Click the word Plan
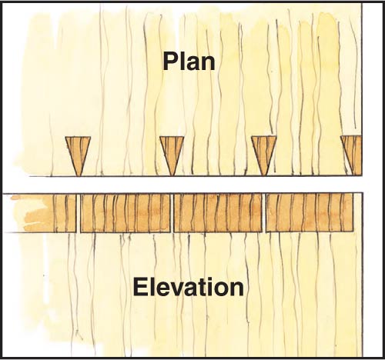click(189, 62)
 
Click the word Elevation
click(189, 287)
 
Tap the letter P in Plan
click(170, 61)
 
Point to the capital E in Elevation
click(141, 287)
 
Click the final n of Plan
click(208, 63)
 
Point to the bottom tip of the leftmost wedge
click(78, 176)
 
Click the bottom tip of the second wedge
click(172, 176)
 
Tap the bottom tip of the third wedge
click(264, 175)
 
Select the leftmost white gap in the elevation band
click(79, 213)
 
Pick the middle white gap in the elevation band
click(172, 213)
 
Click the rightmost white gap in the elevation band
click(264, 213)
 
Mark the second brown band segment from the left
click(126, 213)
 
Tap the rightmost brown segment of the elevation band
click(310, 212)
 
